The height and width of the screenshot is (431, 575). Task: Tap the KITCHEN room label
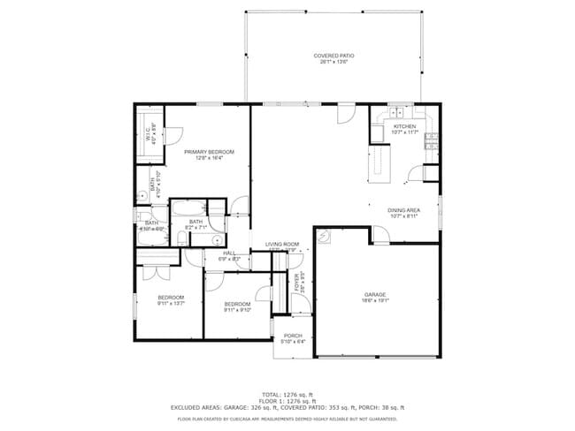[x=404, y=126]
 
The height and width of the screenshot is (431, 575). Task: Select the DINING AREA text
[x=403, y=210]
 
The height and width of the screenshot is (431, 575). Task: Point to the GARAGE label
[x=376, y=294]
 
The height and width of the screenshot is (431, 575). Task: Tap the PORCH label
[x=293, y=336]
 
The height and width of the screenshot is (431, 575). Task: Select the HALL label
[x=229, y=253]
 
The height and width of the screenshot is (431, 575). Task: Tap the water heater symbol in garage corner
[x=326, y=237]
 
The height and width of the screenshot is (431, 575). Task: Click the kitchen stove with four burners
[x=432, y=139]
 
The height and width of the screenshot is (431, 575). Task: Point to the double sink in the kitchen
[x=390, y=114]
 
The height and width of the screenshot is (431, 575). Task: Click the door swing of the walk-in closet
[x=173, y=137]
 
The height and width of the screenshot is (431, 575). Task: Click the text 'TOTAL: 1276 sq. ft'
[x=287, y=394]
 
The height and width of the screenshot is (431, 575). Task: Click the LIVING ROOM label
[x=282, y=244]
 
